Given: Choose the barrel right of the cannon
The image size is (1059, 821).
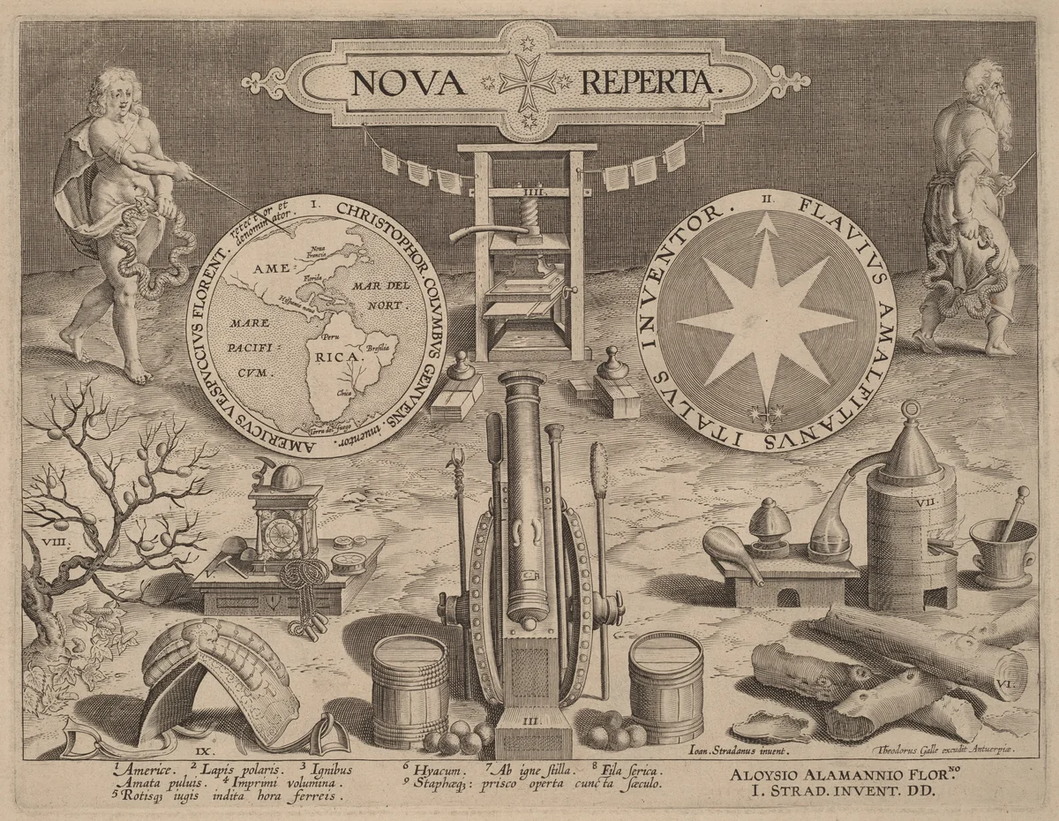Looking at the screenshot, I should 666,687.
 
